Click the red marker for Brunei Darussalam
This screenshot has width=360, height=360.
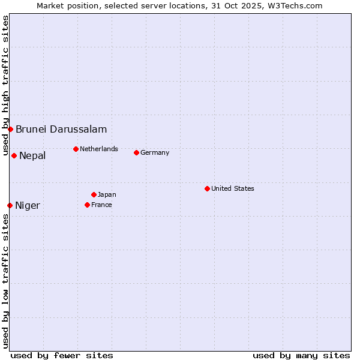coord(10,129)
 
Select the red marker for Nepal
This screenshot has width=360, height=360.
coord(14,155)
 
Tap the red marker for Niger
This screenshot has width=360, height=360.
coord(10,205)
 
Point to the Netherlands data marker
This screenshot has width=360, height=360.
coord(76,149)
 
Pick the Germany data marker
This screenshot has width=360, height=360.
coord(136,152)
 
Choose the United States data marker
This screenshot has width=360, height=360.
coord(207,188)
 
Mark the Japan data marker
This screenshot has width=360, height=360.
coord(94,194)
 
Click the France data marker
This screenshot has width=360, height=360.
coord(87,205)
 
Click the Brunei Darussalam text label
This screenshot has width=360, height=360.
coord(61,129)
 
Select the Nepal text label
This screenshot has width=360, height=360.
coord(32,156)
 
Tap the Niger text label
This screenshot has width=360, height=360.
coord(28,206)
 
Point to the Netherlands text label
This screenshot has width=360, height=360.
coord(99,149)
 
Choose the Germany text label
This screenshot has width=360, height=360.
coord(155,152)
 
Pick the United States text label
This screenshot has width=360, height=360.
coord(233,188)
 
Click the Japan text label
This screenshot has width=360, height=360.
coord(107,194)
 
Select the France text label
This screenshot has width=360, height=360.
coord(101,205)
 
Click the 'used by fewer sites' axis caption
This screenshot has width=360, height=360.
coord(62,355)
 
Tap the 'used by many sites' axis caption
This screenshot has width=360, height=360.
coord(301,355)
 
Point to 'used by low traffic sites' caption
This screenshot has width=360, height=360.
coord(5,281)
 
